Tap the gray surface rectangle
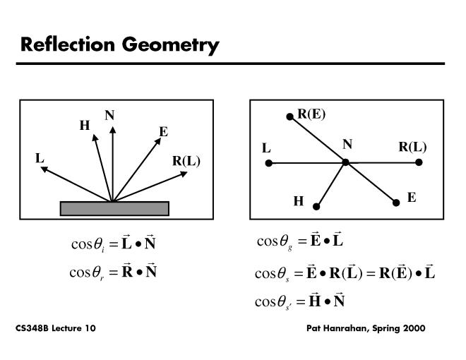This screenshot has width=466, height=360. coord(114,208)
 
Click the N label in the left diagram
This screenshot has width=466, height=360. coord(109,116)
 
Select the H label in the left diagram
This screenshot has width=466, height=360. coord(85,126)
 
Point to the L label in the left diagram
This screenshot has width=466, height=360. coord(40,158)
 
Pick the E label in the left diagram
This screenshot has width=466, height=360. coord(163,131)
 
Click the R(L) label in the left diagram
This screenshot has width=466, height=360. coord(186,161)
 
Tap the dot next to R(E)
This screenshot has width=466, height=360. coord(289,116)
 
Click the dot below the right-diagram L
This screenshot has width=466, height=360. coord(268,163)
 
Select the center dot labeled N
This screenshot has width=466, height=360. coord(346,162)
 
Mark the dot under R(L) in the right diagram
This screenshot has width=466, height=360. coord(419,162)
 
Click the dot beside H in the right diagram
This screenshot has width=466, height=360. coord(316,207)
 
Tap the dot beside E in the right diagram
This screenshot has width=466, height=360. coord(396,203)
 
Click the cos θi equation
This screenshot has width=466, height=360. coord(114,245)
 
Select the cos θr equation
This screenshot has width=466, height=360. coord(114,271)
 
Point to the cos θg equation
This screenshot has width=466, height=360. coord(299,242)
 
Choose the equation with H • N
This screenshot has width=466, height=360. coord(299,301)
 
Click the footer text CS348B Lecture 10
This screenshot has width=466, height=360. coord(56,329)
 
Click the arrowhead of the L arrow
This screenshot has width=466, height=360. coord(43,169)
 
